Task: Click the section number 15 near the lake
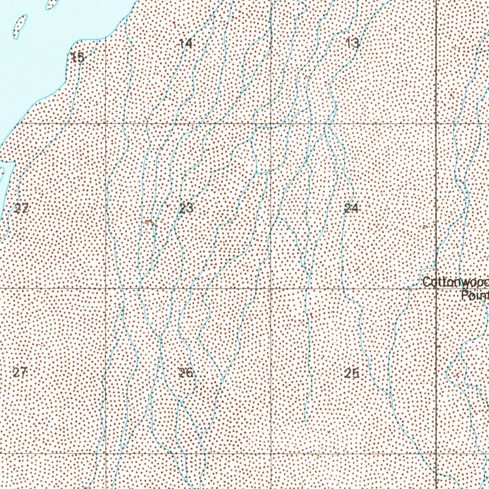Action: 77,58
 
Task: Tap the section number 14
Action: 186,43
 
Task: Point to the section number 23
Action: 187,208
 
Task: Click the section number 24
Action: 351,208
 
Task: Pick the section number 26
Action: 186,373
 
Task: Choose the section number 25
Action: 351,374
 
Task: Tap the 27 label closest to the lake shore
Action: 21,208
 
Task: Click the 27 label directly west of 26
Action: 20,372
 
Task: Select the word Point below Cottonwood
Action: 475,296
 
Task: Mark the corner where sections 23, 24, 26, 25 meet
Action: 271,288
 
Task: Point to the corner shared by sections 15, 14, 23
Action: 106,124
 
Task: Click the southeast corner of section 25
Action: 436,453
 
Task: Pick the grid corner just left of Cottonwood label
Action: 436,288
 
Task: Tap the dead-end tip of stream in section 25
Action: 305,421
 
